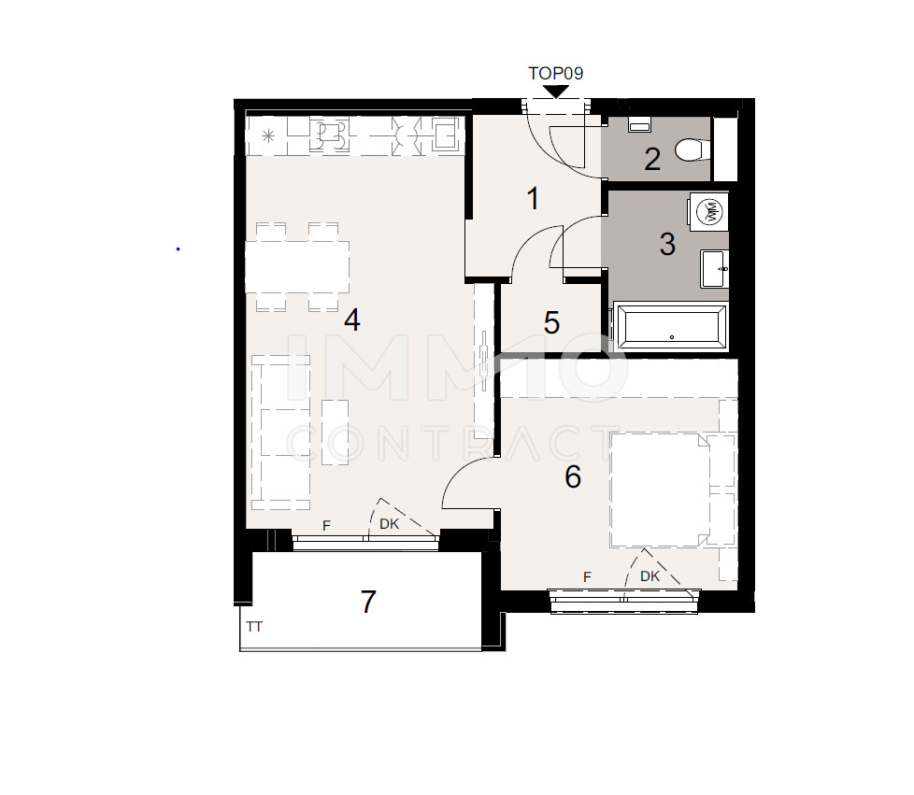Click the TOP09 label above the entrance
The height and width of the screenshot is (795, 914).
[555, 73]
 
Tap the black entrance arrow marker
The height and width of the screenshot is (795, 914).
[556, 92]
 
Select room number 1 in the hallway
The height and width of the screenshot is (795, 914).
[533, 198]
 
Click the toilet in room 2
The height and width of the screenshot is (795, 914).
[693, 149]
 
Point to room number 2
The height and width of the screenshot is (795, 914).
[652, 159]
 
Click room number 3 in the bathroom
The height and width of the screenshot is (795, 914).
[666, 245]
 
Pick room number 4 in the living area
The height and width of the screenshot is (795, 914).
[351, 320]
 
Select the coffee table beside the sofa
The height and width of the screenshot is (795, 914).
[335, 432]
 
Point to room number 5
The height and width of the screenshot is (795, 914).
[551, 323]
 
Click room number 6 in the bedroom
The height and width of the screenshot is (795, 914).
[573, 477]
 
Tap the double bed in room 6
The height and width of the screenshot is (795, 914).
[659, 490]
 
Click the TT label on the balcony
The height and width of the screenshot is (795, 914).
[254, 627]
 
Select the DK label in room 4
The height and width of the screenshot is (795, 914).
[390, 525]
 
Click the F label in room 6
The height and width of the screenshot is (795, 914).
[587, 577]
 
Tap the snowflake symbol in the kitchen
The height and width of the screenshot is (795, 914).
[268, 136]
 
